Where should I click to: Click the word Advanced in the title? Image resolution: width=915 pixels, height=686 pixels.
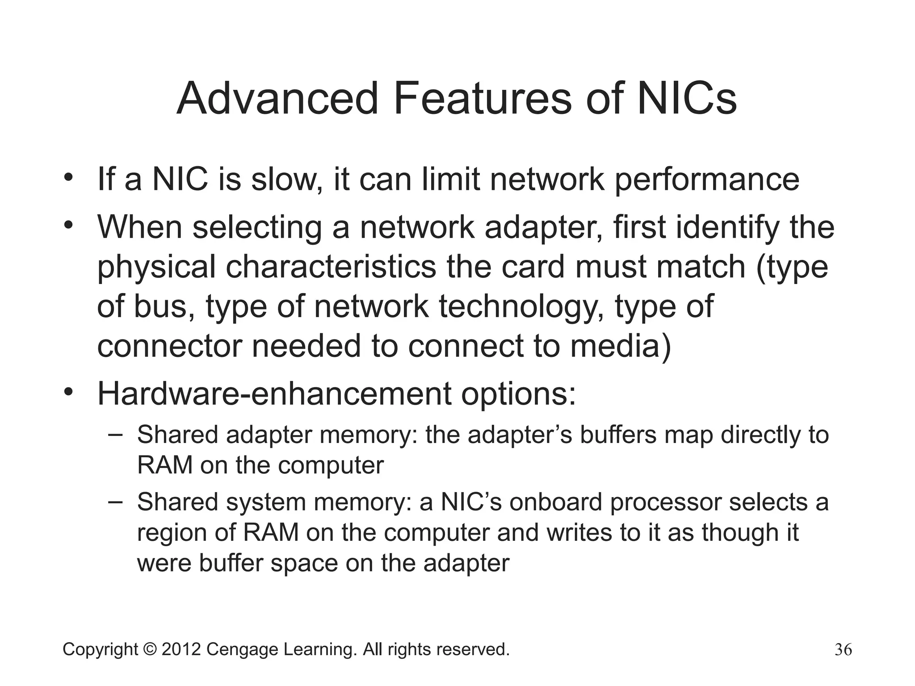pos(277,99)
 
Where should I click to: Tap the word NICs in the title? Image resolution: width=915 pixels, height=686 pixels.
pos(687,99)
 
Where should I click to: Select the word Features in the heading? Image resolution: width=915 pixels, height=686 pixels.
pos(483,99)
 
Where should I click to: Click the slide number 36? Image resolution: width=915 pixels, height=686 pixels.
pos(843,649)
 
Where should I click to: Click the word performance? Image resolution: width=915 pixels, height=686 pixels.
pos(707,180)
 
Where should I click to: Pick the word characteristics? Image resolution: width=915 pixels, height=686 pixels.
pos(331,267)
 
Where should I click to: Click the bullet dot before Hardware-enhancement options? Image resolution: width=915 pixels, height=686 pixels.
pos(68,392)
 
